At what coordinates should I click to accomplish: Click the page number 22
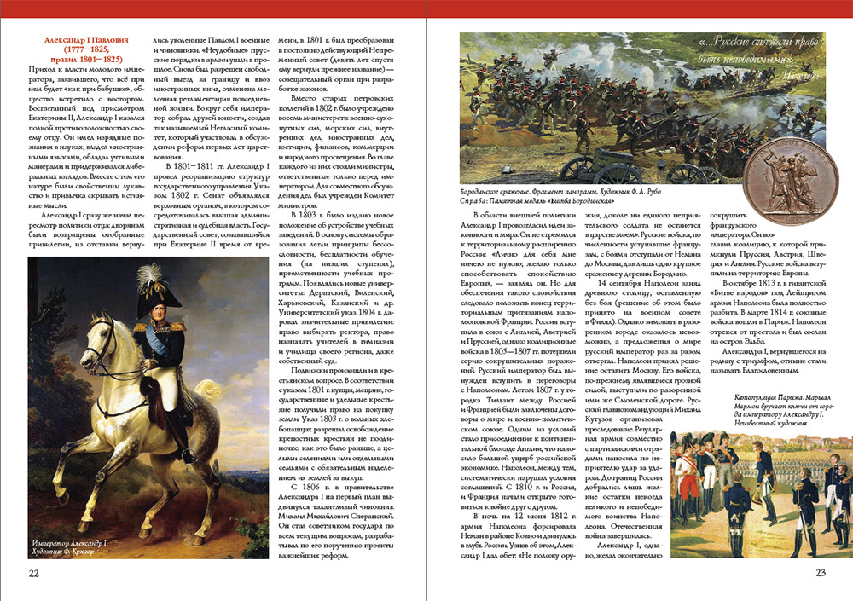(x=34, y=573)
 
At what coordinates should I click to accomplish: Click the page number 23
(x=821, y=573)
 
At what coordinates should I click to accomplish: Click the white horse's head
(x=92, y=341)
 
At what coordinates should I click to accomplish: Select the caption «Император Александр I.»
(x=69, y=542)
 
